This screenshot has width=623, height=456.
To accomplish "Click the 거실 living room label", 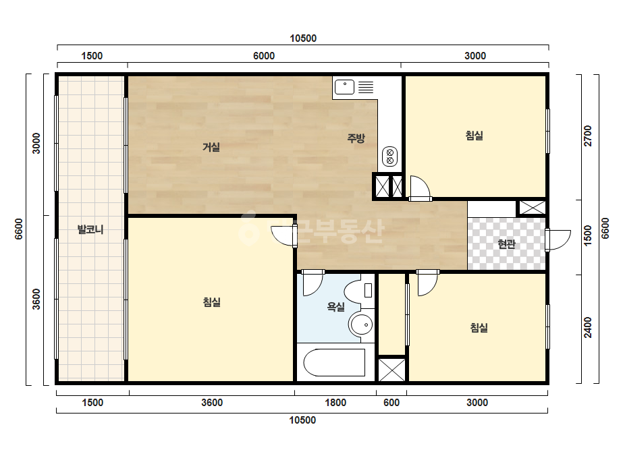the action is coord(211,147).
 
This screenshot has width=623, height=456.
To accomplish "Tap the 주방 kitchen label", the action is coord(356,138).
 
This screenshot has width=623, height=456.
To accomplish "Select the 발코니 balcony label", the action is coord(90,229).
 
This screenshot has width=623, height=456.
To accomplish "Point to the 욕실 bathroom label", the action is coord(335,306).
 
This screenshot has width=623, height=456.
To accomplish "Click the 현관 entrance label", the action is coord(507,244).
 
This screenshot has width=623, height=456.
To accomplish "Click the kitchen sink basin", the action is coord(344,87).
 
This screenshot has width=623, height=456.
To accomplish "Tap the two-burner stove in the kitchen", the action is coord(389,156).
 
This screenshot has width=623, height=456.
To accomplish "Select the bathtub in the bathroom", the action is coord(334,362).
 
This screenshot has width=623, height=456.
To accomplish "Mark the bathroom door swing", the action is coord(313,283).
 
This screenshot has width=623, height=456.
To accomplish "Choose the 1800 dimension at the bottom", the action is coord(335,403).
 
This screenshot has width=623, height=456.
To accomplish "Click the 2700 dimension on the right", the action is coord(588,136).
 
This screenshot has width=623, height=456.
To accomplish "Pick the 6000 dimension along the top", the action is coord(264,55).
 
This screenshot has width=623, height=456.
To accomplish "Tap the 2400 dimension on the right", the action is coord(588,327).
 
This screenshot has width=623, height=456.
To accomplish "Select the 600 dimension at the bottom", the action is coord(391,403).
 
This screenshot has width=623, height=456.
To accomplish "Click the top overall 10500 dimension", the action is coord(303,38).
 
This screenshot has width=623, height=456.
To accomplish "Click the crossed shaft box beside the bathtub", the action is coord(391,370).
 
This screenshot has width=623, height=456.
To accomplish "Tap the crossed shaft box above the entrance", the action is coord(533,208).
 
